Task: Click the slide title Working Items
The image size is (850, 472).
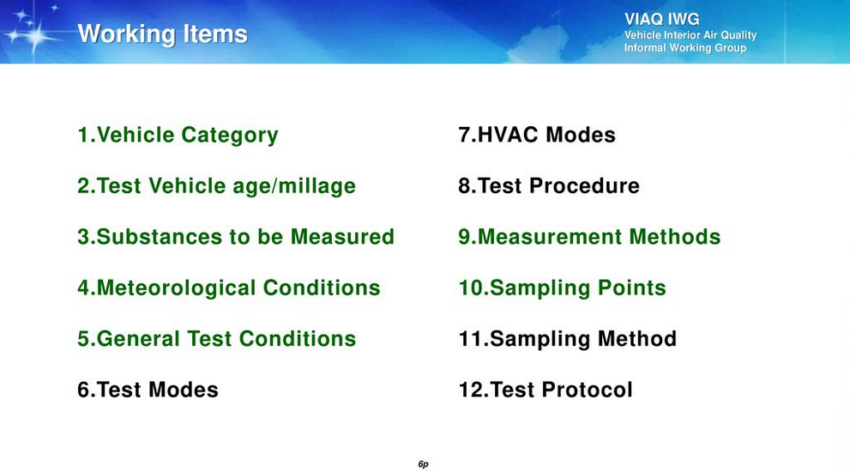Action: [x=163, y=34]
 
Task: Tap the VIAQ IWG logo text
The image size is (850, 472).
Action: [x=661, y=19]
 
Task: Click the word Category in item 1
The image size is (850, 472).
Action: [x=230, y=135]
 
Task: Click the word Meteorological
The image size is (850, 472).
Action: [x=176, y=288]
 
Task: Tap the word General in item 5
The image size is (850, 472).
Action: [x=139, y=338]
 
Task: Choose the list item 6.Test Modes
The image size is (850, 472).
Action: [x=148, y=390]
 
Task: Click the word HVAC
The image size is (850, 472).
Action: [x=508, y=135]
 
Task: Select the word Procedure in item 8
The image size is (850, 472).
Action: [x=584, y=185]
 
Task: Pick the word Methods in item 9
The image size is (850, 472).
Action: [x=675, y=237]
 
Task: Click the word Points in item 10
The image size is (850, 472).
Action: [x=631, y=287]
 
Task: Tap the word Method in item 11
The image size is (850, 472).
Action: [x=637, y=338]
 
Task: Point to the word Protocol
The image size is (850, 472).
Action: [x=587, y=390]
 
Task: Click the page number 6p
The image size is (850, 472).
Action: [x=424, y=464]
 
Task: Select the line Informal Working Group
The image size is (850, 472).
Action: [x=685, y=48]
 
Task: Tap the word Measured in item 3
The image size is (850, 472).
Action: [x=342, y=237]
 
